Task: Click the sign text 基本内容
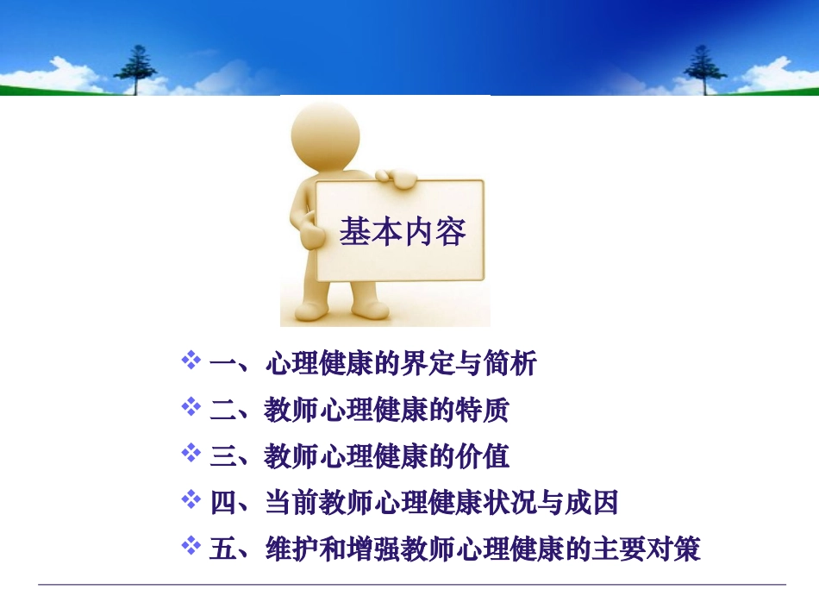[x=402, y=232]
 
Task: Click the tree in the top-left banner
[x=138, y=69]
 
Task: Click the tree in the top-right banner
[x=699, y=69]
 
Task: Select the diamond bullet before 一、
[x=191, y=361]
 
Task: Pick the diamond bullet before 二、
[x=191, y=406]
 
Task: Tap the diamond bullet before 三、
[x=191, y=453]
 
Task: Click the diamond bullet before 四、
[x=191, y=499]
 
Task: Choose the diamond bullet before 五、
[x=191, y=546]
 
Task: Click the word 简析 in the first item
[x=509, y=364]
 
